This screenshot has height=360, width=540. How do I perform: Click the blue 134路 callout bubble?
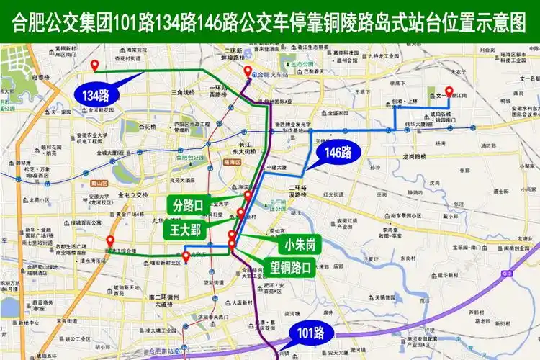[x=96, y=94]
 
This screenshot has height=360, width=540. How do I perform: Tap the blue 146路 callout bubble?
[x=337, y=152]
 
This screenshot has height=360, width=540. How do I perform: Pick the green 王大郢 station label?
[x=186, y=230]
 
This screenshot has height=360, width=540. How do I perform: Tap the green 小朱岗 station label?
[x=299, y=245]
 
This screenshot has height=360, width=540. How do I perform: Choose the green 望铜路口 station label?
[x=290, y=268]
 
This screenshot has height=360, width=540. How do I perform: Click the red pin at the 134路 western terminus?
[x=94, y=66]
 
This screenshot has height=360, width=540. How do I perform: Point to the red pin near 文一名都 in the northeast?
[x=449, y=91]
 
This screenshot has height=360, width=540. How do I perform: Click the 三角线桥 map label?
[x=183, y=93]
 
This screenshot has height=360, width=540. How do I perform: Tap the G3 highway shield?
[x=509, y=274]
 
